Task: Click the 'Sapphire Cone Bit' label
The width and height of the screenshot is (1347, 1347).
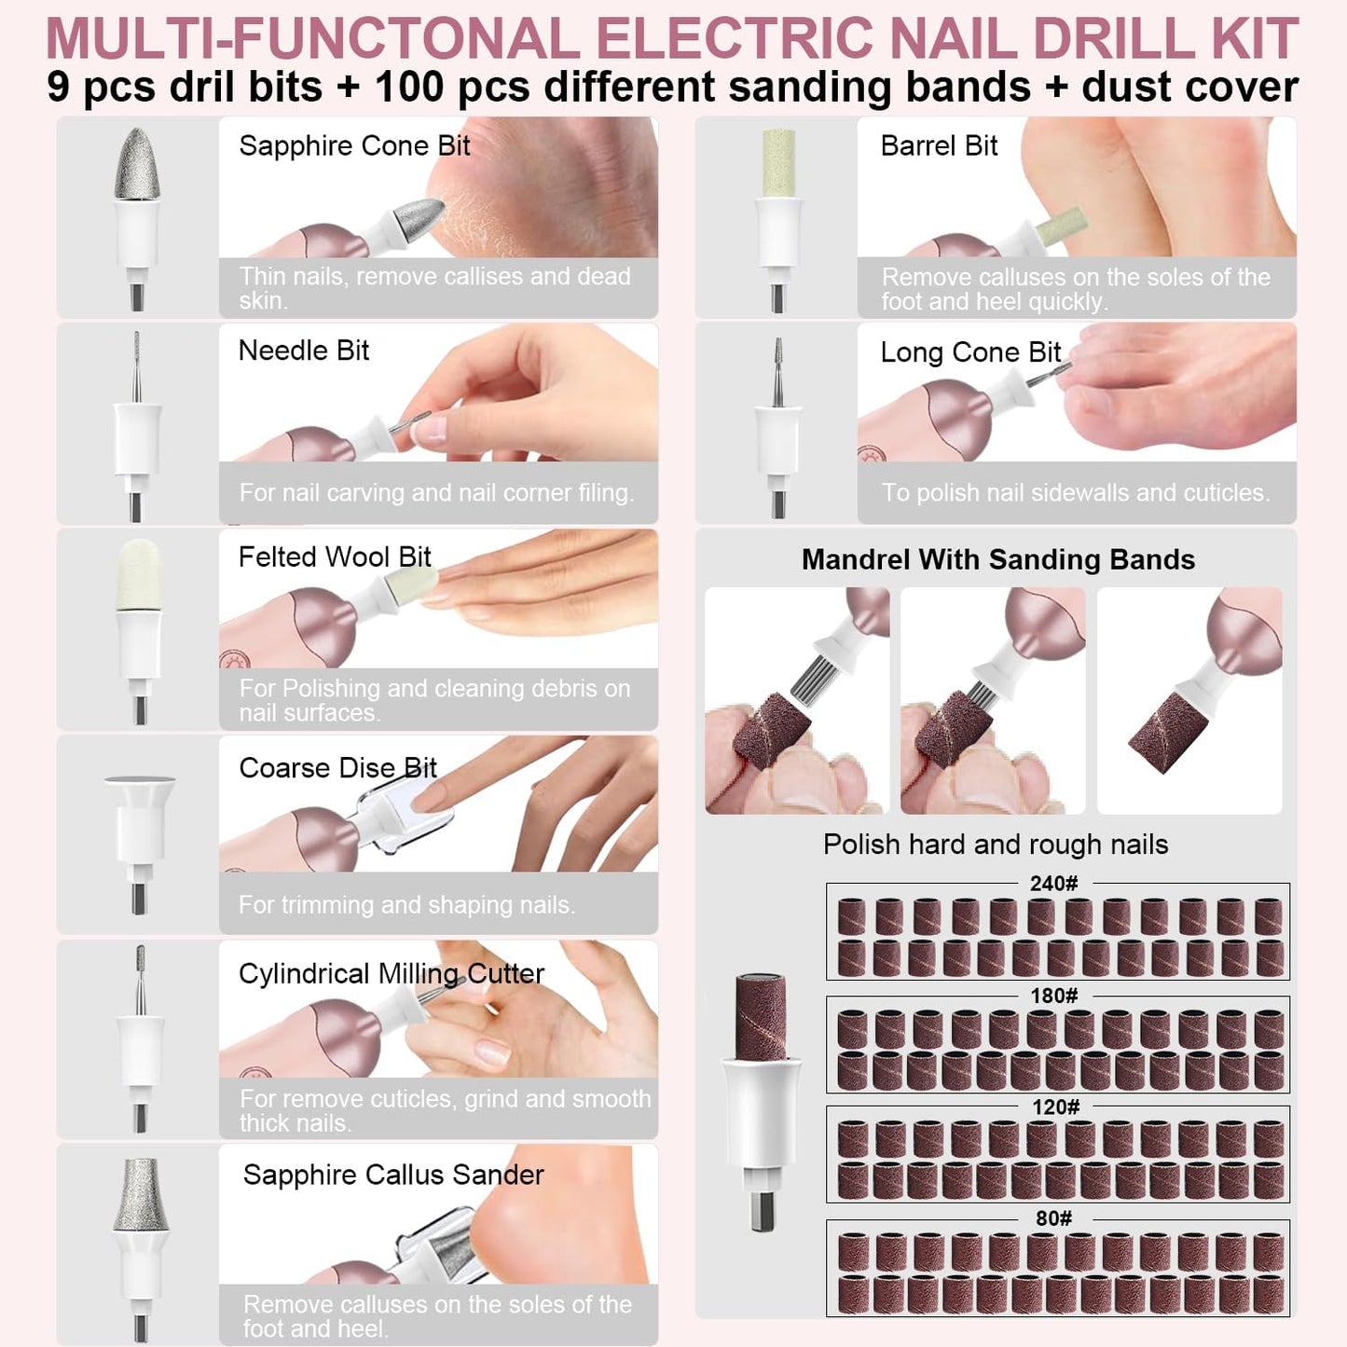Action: (354, 146)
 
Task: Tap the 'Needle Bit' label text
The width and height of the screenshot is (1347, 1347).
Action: (304, 351)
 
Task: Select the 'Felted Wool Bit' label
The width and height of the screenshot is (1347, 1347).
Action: (335, 557)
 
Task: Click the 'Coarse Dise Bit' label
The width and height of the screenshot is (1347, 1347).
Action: (337, 768)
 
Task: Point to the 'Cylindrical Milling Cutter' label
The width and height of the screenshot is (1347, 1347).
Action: (392, 974)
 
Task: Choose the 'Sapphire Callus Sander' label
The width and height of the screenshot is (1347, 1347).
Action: (392, 1175)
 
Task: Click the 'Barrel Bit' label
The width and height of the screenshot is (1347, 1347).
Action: (939, 146)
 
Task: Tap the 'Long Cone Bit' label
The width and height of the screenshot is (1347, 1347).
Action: (970, 352)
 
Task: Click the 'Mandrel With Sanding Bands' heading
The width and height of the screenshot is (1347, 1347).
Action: (998, 560)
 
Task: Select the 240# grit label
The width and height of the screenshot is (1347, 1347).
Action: (1053, 884)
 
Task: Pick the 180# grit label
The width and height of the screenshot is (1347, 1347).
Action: (1053, 996)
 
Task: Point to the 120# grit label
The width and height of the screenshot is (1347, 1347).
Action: (1055, 1107)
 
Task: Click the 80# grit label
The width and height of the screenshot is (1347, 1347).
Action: (1053, 1219)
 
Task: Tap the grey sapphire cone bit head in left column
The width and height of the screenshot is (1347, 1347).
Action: (137, 164)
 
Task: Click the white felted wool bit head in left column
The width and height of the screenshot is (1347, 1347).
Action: (140, 574)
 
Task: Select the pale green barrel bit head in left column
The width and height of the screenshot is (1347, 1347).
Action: (778, 163)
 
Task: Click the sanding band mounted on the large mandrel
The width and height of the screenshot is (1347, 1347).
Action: (762, 1017)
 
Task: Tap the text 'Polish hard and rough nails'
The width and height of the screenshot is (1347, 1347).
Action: (995, 845)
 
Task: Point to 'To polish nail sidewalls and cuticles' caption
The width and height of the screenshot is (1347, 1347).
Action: (1076, 493)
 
